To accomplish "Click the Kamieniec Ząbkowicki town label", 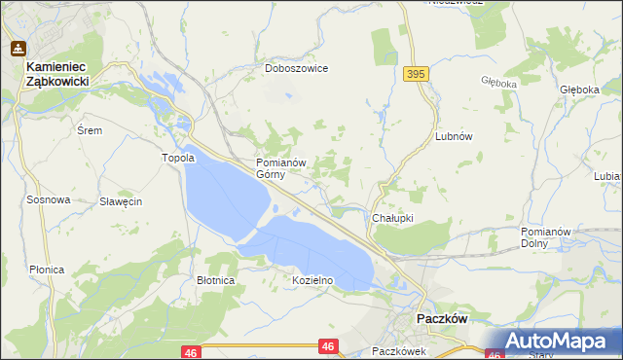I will tap(57, 75).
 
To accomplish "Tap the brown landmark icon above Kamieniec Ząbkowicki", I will tap(18, 48).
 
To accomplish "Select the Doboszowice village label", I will tap(297, 69).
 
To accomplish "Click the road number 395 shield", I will tap(417, 74).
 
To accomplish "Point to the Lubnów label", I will tap(454, 137).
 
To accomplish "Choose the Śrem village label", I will tap(90, 129).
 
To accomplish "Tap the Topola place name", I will tap(178, 158).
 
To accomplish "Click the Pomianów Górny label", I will tap(281, 168).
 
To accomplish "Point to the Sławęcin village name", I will tap(122, 201).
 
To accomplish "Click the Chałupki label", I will tap(393, 218).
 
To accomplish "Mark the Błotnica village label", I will tap(216, 280).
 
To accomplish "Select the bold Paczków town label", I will tap(443, 318).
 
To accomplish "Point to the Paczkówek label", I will tap(399, 350).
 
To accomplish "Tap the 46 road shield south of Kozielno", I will tap(328, 345).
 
